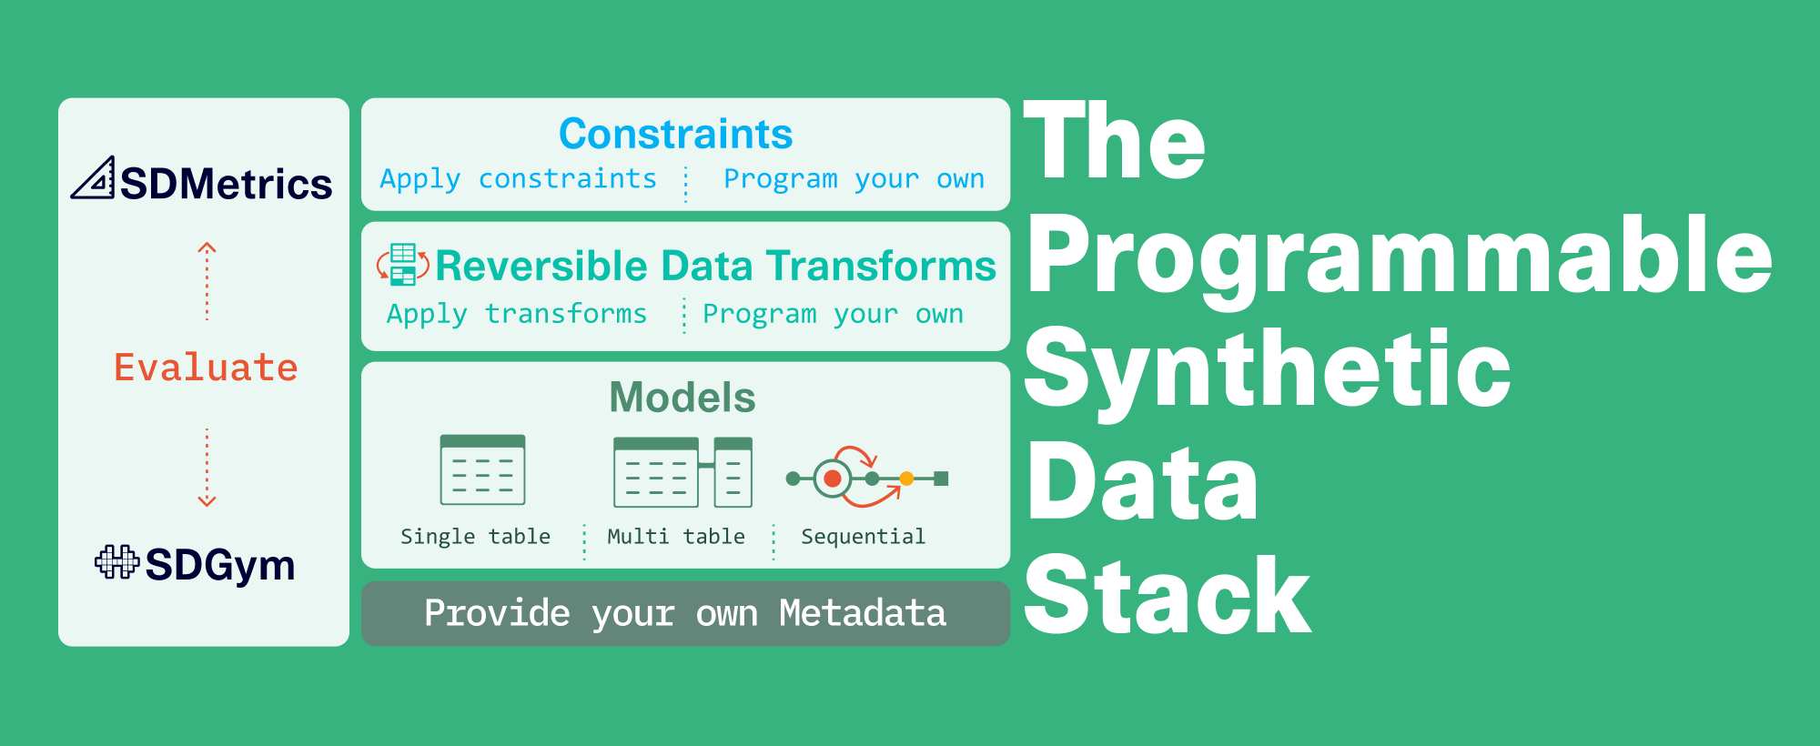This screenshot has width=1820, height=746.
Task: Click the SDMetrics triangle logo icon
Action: pos(94,178)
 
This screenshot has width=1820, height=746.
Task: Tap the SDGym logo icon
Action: pos(116,562)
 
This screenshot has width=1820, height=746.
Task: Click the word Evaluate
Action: pos(206,368)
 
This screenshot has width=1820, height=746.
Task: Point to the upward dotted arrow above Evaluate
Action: pos(207,281)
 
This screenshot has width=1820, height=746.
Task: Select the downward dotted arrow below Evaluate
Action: pos(207,467)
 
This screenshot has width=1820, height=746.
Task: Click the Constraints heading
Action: pos(675,134)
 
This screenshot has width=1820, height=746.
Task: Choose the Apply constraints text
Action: pos(518,179)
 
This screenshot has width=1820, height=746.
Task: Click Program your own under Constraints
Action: pos(854,179)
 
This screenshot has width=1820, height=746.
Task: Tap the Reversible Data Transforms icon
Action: pos(403,265)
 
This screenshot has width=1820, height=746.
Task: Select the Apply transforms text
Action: pos(516,314)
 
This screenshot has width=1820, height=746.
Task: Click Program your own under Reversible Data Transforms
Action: pos(833,314)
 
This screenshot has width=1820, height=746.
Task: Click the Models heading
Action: pos(682,398)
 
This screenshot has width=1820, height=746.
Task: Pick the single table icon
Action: pos(482,469)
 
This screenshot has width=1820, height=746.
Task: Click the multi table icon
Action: pos(682,472)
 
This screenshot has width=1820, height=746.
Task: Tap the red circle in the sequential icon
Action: pos(832,479)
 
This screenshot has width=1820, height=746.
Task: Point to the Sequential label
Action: pos(863,537)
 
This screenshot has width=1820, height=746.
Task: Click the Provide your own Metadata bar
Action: pos(685,613)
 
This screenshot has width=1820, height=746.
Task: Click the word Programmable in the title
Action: pos(1400,257)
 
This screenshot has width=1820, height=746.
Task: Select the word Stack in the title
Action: pos(1168,597)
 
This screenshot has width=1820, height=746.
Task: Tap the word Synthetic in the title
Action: pos(1268,370)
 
